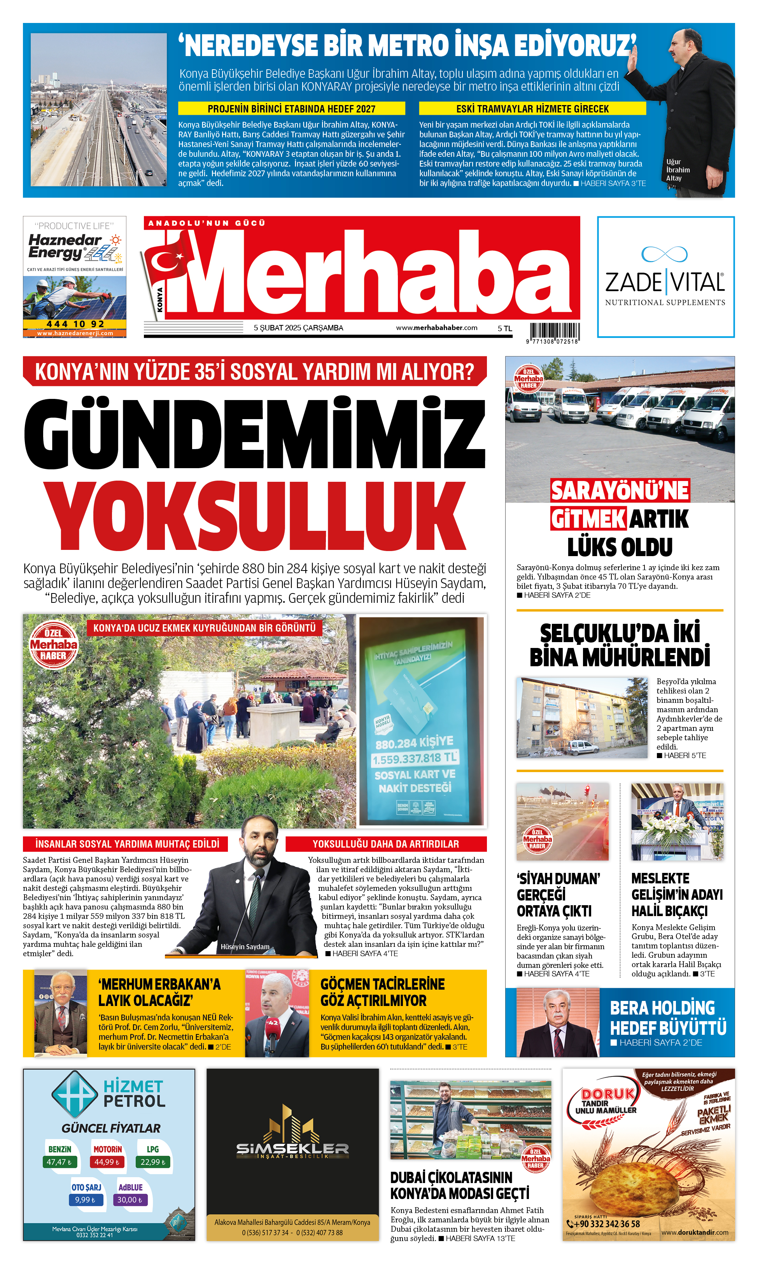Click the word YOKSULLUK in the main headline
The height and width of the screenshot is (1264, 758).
[254, 515]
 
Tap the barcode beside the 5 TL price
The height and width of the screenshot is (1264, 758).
[554, 331]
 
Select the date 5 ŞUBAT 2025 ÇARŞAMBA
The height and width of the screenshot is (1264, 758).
[298, 328]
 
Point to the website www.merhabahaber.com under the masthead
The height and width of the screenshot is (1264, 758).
[436, 328]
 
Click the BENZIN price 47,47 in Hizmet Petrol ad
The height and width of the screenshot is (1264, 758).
[59, 1162]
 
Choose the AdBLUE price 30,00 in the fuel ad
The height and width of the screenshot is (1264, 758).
[130, 1200]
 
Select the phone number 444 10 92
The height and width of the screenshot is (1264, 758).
[75, 324]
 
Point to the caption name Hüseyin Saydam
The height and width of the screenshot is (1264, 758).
[245, 946]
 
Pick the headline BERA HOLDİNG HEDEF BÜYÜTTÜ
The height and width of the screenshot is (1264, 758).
[668, 1018]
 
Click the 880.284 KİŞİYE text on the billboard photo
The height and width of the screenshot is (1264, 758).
[414, 742]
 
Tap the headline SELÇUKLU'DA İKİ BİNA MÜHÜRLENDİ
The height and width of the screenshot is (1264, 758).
[619, 645]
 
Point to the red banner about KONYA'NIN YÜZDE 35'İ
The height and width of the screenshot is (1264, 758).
[254, 372]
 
